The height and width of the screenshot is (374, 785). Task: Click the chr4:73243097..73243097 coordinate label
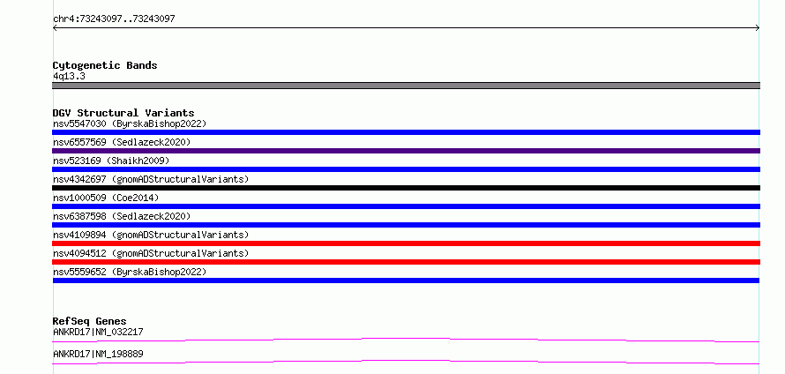(114, 19)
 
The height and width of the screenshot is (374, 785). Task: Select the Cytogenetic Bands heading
(105, 65)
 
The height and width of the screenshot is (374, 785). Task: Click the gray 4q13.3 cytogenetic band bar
(406, 86)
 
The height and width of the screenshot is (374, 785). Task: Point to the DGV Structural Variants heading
(123, 113)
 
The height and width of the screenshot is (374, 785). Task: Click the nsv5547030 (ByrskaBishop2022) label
(130, 123)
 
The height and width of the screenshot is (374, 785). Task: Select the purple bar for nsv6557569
(406, 151)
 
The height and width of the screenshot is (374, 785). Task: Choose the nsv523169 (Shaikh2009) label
(111, 161)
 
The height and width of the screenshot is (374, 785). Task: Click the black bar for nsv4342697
(406, 188)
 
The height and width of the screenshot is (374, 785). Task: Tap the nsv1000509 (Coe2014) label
(106, 198)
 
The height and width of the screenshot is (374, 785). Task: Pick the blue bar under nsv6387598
(406, 225)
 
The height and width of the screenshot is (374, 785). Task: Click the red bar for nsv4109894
(406, 243)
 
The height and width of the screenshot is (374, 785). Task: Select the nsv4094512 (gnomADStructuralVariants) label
(151, 253)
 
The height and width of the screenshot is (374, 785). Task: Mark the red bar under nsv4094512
(406, 262)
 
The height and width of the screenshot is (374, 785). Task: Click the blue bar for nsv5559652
(406, 280)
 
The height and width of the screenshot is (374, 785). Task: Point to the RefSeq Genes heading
(90, 321)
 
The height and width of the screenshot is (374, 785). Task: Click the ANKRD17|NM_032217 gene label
(98, 332)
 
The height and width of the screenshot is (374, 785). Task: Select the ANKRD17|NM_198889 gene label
(98, 354)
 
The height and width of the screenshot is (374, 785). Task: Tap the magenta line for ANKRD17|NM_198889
(406, 362)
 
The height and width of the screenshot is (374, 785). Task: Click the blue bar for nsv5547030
(406, 132)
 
